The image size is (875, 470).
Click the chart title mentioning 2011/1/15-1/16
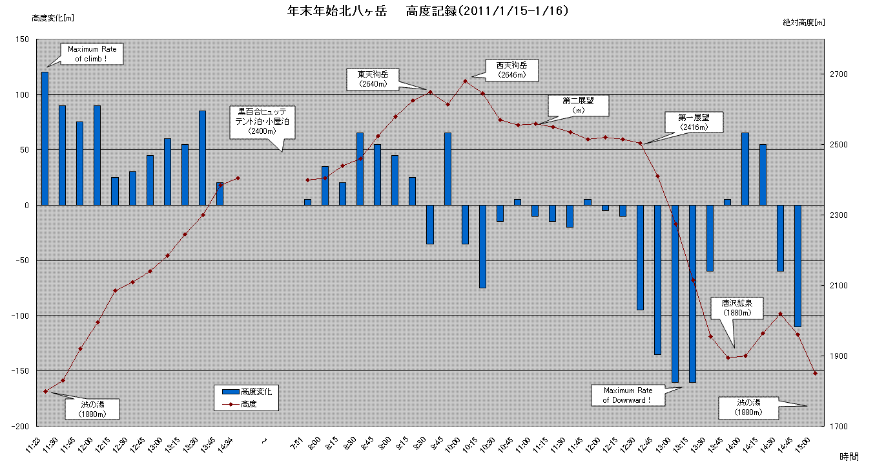[x=428, y=11]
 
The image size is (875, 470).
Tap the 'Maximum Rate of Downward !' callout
[x=627, y=395]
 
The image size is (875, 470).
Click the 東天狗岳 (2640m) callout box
[x=373, y=78]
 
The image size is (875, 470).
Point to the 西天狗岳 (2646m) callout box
[x=511, y=70]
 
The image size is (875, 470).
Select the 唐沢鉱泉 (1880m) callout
[x=737, y=308]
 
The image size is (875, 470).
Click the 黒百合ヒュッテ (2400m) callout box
[x=262, y=121]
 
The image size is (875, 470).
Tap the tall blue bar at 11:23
[x=45, y=138]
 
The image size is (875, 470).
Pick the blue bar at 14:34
[x=220, y=194]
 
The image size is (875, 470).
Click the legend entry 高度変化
[x=248, y=392]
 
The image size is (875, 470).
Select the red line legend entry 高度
[x=248, y=404]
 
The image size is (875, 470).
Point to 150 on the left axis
[x=21, y=39]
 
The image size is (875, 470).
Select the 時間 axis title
[x=850, y=456]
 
